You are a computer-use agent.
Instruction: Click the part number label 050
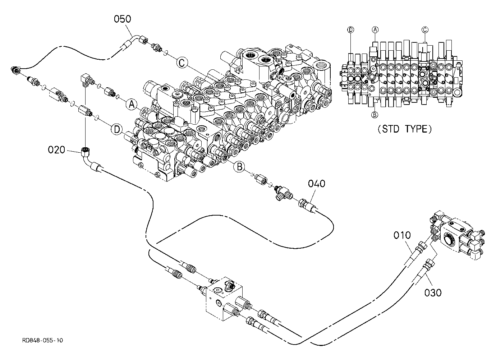click(123, 19)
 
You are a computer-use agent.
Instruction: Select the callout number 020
click(56, 150)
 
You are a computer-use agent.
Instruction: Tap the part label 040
click(317, 184)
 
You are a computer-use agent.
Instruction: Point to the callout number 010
click(402, 235)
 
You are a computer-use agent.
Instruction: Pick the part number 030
click(433, 293)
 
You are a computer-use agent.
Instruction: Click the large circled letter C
click(182, 63)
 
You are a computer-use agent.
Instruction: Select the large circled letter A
click(132, 104)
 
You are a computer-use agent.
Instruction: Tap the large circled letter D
click(117, 129)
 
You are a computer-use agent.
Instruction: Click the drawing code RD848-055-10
click(42, 340)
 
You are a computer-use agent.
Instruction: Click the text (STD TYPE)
click(405, 129)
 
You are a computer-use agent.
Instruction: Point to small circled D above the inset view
click(351, 30)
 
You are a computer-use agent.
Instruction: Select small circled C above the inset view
click(425, 30)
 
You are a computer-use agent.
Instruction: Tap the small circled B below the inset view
click(375, 115)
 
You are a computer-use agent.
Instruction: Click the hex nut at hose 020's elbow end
click(85, 152)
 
